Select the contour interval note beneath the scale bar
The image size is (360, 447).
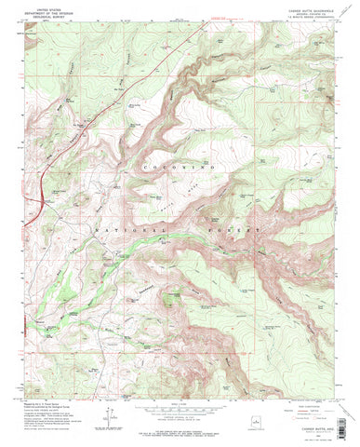pos(177,418)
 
